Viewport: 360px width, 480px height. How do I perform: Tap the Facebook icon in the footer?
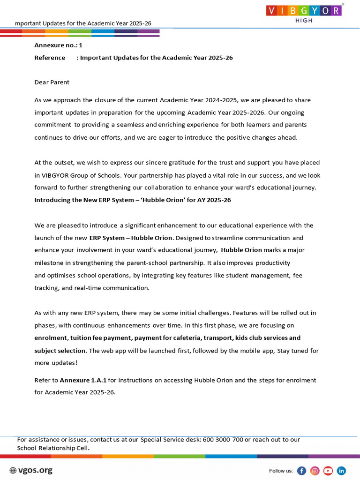(x=302, y=471)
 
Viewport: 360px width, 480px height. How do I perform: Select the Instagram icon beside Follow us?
(x=315, y=471)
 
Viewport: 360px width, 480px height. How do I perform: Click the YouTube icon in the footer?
(x=328, y=471)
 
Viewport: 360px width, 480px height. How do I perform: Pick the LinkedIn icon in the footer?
(x=341, y=471)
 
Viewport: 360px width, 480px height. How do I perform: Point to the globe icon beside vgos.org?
(x=13, y=471)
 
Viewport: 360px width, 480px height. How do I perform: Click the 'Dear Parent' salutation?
(x=52, y=82)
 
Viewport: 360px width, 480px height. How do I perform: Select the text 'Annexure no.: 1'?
(x=58, y=45)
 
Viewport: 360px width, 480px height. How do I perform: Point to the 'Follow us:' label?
(x=281, y=471)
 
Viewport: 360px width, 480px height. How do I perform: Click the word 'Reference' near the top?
(x=50, y=58)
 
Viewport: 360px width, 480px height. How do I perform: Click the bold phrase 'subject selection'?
(x=60, y=351)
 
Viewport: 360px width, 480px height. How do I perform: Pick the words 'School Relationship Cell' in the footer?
(x=52, y=448)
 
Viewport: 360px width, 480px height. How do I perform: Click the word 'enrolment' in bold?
(x=51, y=338)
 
